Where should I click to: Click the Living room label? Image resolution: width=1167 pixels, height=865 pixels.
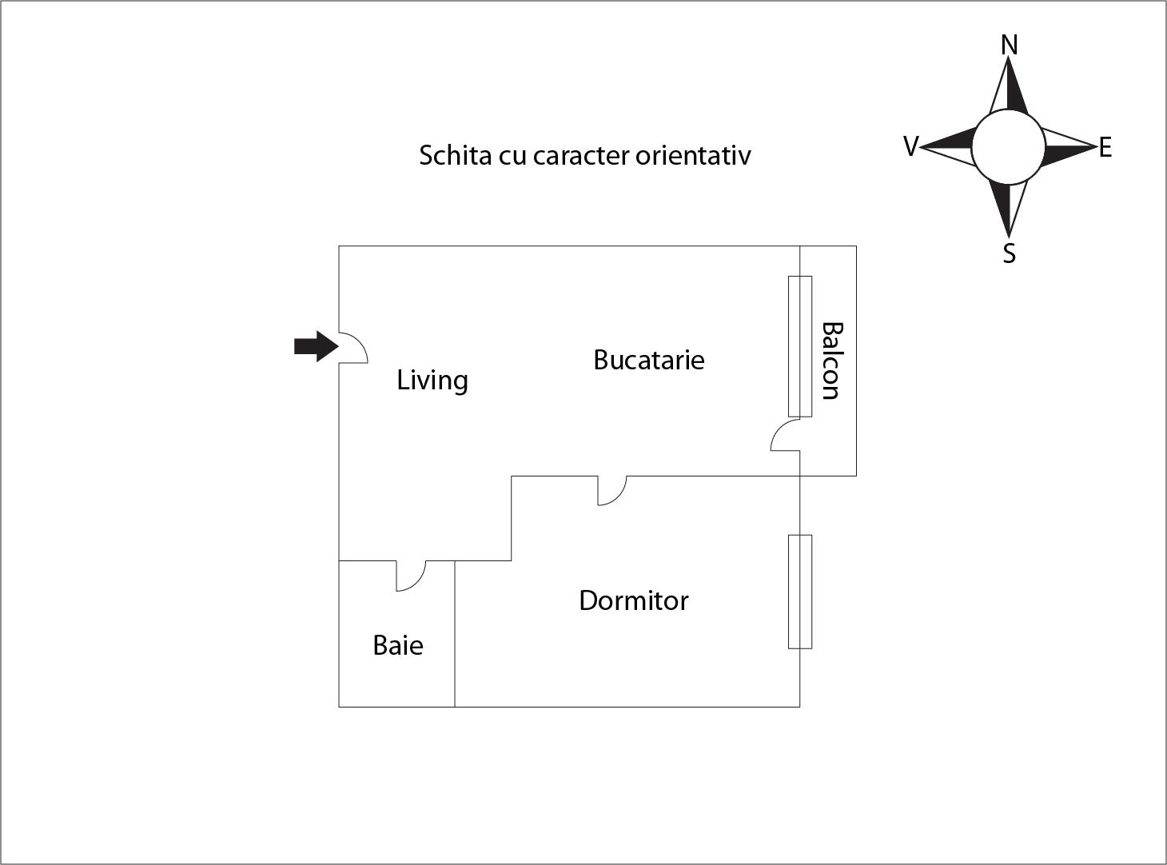[432, 381]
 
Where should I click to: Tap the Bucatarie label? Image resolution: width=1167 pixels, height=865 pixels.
[648, 360]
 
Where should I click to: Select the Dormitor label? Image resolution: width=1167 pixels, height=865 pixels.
[633, 600]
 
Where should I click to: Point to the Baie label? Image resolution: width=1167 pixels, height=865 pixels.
[397, 645]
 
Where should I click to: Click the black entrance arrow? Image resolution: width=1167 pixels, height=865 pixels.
[316, 346]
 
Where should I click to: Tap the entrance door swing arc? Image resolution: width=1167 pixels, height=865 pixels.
[356, 347]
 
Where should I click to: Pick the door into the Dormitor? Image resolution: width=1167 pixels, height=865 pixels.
[612, 490]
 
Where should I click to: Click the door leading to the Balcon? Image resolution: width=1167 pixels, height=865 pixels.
[785, 436]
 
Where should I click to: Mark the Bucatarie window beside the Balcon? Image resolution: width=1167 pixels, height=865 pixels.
[800, 346]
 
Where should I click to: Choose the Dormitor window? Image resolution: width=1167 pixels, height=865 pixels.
[800, 592]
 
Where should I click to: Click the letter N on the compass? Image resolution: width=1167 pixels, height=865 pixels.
[1010, 46]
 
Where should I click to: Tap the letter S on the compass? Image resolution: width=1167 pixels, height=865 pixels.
[1010, 253]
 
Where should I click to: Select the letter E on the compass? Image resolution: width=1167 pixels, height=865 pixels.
[1105, 148]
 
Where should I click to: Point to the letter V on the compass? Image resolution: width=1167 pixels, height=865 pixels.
[910, 146]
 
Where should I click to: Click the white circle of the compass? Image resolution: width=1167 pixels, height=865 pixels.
[1008, 147]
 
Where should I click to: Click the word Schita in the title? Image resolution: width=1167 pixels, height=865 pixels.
[455, 155]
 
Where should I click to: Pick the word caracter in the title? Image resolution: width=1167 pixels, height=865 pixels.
[580, 155]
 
